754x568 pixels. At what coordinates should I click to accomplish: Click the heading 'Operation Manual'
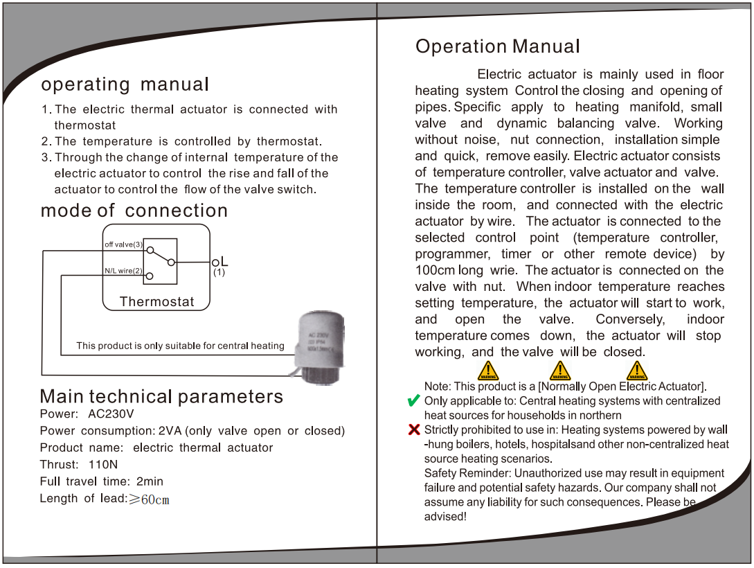(497, 47)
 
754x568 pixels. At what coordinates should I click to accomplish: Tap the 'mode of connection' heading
(134, 211)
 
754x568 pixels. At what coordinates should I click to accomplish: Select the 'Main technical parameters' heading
(161, 396)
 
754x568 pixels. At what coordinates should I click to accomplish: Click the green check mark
(413, 401)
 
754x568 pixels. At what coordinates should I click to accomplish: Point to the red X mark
(414, 430)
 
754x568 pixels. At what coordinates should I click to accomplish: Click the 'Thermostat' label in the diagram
(156, 301)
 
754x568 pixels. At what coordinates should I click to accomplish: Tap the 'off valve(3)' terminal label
(123, 245)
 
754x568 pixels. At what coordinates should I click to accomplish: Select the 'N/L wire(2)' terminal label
(123, 270)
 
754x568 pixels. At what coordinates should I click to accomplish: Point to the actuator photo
(320, 345)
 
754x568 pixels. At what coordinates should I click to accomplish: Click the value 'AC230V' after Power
(111, 414)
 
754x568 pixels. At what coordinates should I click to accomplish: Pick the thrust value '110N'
(103, 464)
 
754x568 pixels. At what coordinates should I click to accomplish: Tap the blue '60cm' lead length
(155, 499)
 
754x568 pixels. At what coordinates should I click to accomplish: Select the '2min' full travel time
(150, 481)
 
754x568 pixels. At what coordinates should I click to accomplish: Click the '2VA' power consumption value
(170, 431)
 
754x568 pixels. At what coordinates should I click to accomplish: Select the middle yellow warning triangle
(559, 371)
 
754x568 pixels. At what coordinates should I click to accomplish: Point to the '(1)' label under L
(219, 273)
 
